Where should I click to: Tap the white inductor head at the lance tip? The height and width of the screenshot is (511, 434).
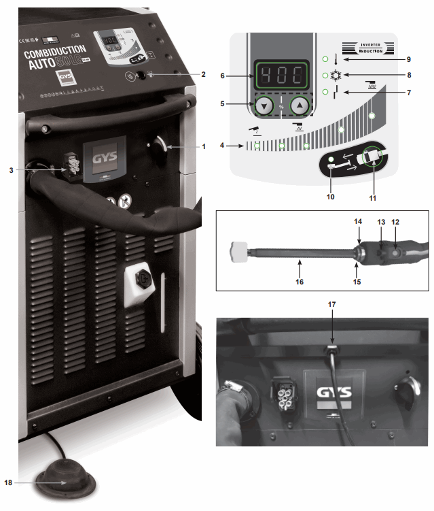[x=238, y=252]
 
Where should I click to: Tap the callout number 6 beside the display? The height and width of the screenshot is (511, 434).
[x=222, y=76]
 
